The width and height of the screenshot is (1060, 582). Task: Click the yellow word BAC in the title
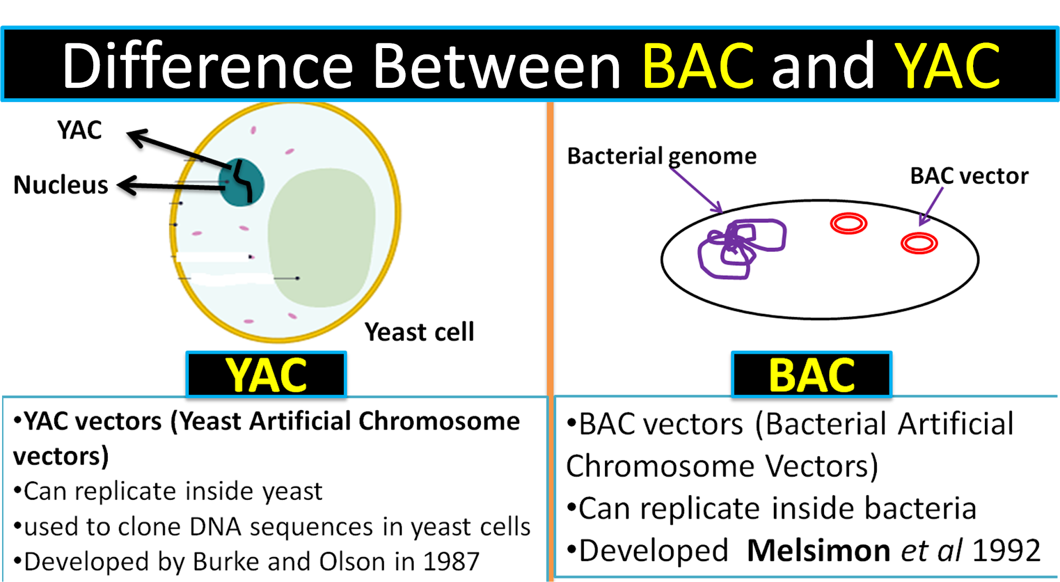click(698, 66)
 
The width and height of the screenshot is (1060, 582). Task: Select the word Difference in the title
click(207, 66)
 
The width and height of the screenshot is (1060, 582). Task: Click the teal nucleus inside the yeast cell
click(241, 183)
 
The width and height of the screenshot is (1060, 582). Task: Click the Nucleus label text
click(61, 185)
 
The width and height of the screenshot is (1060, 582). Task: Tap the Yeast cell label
click(419, 332)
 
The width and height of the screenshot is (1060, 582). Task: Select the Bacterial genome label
click(661, 156)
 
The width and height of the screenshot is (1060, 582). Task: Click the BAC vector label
click(969, 176)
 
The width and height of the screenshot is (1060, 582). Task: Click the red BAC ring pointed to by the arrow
click(919, 243)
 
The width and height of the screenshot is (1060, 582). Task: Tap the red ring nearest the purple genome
click(848, 223)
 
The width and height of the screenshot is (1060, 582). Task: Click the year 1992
click(1007, 550)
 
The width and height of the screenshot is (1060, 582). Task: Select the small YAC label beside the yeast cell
click(79, 130)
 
